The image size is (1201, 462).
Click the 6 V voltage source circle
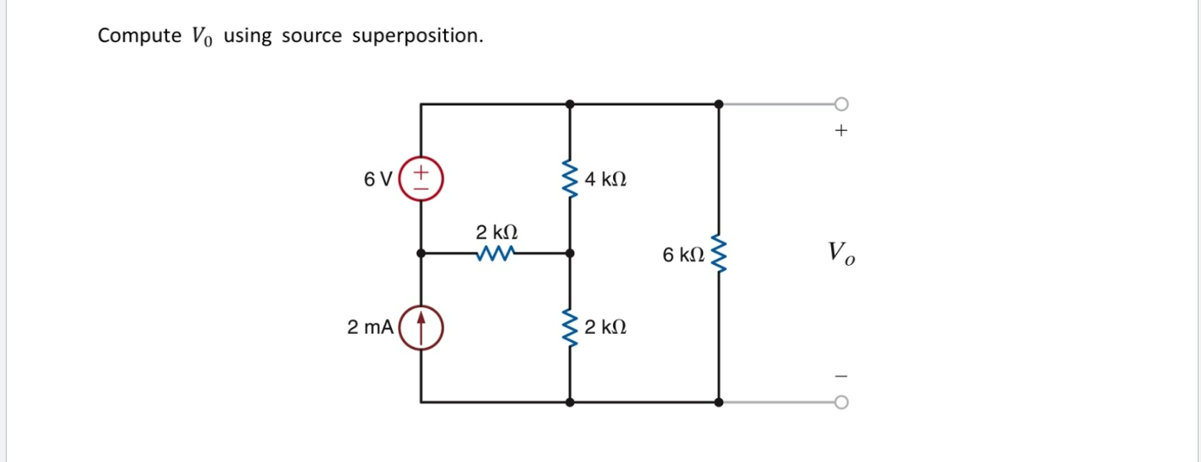(421, 179)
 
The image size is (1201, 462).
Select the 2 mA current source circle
(421, 328)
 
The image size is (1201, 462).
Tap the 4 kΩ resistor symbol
(570, 180)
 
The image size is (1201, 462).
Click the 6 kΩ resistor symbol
(718, 254)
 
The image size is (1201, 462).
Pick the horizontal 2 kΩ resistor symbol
(497, 253)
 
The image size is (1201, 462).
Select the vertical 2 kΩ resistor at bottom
(570, 328)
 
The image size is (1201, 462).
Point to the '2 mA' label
(370, 328)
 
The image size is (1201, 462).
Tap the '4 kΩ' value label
(605, 179)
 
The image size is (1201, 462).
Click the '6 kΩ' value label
(683, 255)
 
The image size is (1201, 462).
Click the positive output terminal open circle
(841, 104)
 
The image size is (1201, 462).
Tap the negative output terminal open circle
(841, 402)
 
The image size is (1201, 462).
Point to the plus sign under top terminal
(841, 131)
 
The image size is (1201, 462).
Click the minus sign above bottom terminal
(841, 377)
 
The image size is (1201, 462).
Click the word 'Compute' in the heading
(127, 36)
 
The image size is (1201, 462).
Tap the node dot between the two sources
(421, 253)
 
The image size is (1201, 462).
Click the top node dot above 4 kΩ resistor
(570, 104)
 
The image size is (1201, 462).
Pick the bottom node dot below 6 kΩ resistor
(718, 402)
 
